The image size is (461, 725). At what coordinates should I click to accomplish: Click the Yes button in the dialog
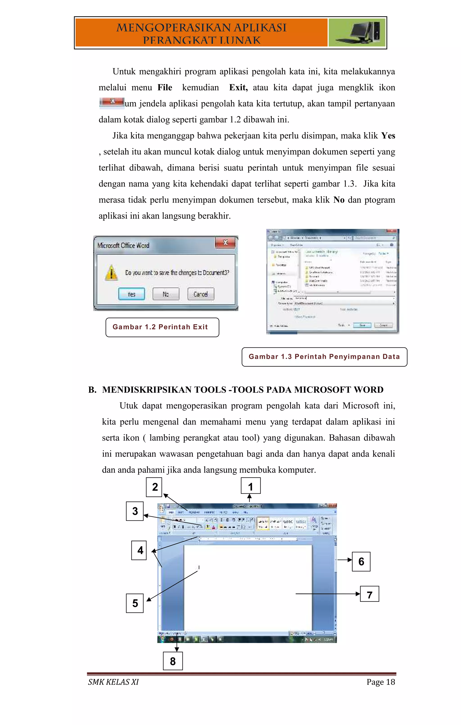(131, 294)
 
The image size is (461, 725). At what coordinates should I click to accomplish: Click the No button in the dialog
(166, 294)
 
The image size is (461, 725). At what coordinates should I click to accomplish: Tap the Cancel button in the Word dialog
(201, 294)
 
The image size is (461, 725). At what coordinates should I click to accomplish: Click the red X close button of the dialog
(225, 243)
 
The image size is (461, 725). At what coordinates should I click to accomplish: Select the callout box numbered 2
(154, 487)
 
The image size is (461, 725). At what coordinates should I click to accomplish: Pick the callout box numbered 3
(135, 511)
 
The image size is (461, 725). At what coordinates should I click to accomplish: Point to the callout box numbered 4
(139, 550)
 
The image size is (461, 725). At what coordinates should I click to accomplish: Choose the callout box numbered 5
(135, 603)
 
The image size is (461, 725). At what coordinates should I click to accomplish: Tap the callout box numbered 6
(361, 561)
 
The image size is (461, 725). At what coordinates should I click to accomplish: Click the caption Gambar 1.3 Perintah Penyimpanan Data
(324, 357)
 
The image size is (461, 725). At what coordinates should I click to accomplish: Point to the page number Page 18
(380, 682)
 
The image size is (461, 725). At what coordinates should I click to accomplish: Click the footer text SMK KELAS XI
(113, 682)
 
